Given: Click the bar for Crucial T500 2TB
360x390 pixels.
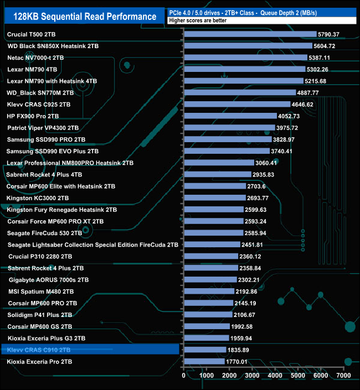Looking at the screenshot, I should [249, 34].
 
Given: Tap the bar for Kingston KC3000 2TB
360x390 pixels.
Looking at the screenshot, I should [214, 198].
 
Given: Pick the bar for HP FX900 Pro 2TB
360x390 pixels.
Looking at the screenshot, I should [230, 116].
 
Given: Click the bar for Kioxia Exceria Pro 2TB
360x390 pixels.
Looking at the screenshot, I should [203, 361].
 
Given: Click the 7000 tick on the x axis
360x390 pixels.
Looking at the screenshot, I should [343, 376].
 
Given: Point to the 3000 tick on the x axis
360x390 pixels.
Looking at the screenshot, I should [252, 376].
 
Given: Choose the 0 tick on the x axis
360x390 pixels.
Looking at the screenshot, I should [184, 376].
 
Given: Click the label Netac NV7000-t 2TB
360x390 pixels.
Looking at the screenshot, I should [35, 58].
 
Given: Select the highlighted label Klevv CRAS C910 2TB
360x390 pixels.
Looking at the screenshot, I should [39, 350].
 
